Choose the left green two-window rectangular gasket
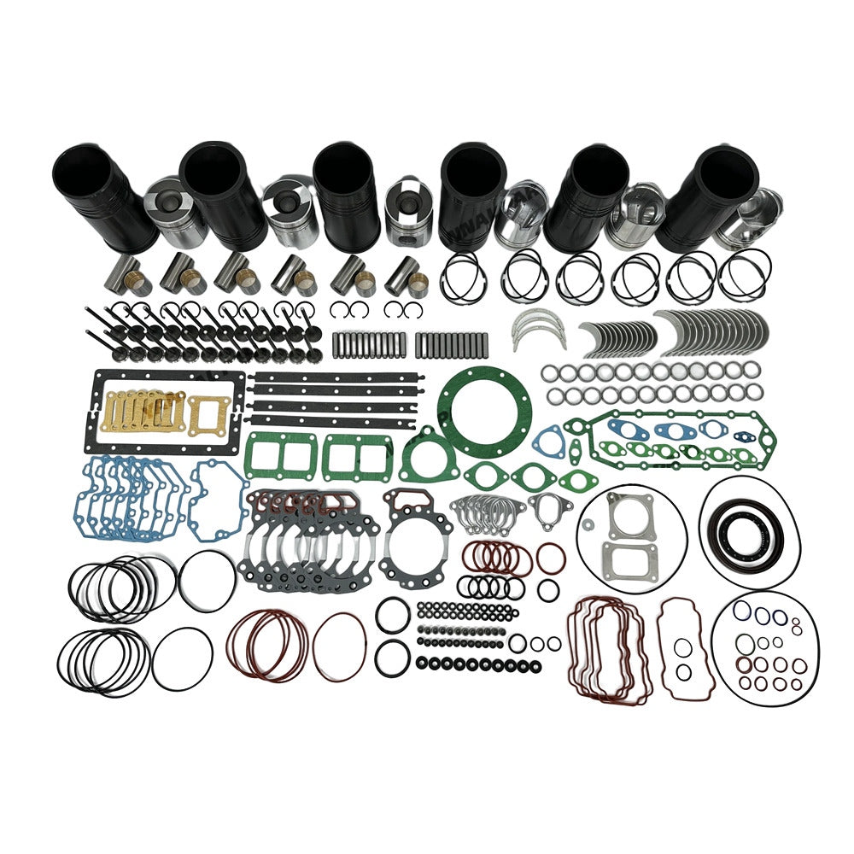(281, 456)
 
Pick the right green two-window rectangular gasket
(358, 456)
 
